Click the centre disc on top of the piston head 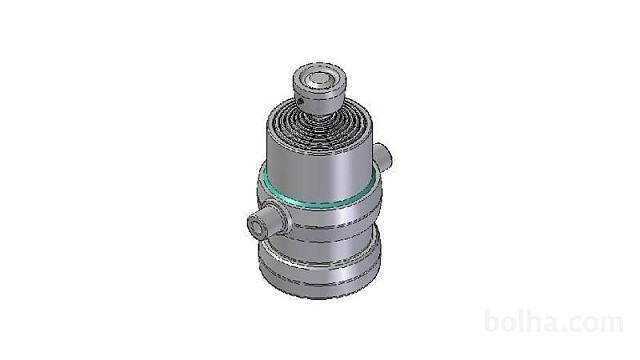(319, 80)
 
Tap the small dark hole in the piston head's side (300, 100)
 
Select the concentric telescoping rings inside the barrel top (320, 130)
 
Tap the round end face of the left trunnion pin (257, 227)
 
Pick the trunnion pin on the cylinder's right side (382, 156)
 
